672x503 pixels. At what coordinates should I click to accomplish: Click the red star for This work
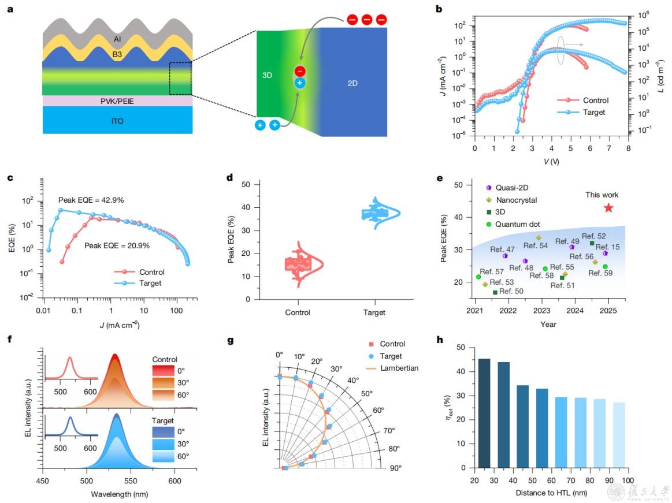coord(608,208)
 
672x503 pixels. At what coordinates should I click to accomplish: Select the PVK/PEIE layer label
coord(117,101)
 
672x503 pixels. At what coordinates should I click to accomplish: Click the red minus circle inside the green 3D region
coord(300,72)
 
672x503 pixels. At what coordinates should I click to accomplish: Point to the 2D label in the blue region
coord(352,83)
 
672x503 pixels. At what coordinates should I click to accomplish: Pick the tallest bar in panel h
coord(484,413)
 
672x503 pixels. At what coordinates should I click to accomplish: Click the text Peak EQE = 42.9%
coord(91,200)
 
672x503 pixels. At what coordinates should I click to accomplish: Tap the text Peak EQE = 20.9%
coord(117,245)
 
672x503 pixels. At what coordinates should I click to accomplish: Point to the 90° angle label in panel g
coord(395,467)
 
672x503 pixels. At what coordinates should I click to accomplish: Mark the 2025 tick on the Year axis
coord(608,311)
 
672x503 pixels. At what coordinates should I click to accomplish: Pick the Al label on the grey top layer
coord(117,39)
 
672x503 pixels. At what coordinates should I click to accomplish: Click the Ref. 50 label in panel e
coord(511,292)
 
